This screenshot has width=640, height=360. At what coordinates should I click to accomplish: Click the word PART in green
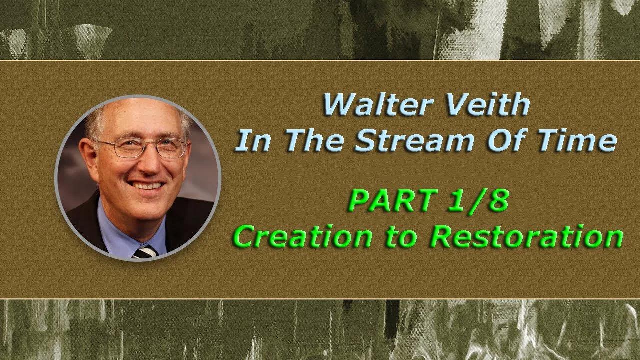click(388, 201)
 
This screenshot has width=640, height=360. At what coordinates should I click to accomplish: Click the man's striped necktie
click(145, 251)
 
